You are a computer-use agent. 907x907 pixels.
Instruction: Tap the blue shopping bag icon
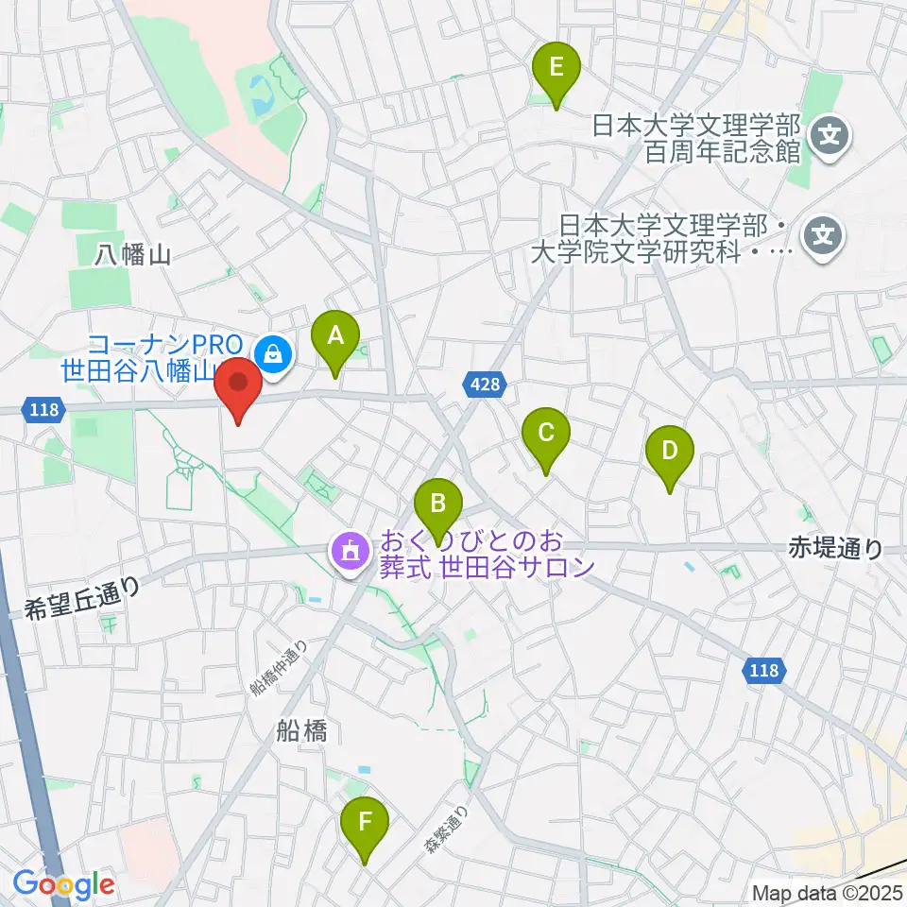273,354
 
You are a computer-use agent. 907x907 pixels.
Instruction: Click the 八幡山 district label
131,254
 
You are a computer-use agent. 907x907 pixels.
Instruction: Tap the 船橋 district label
302,730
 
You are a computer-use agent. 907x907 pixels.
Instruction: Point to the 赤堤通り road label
836,548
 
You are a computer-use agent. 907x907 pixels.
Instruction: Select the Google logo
62,884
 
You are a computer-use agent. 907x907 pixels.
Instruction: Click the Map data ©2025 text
828,892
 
